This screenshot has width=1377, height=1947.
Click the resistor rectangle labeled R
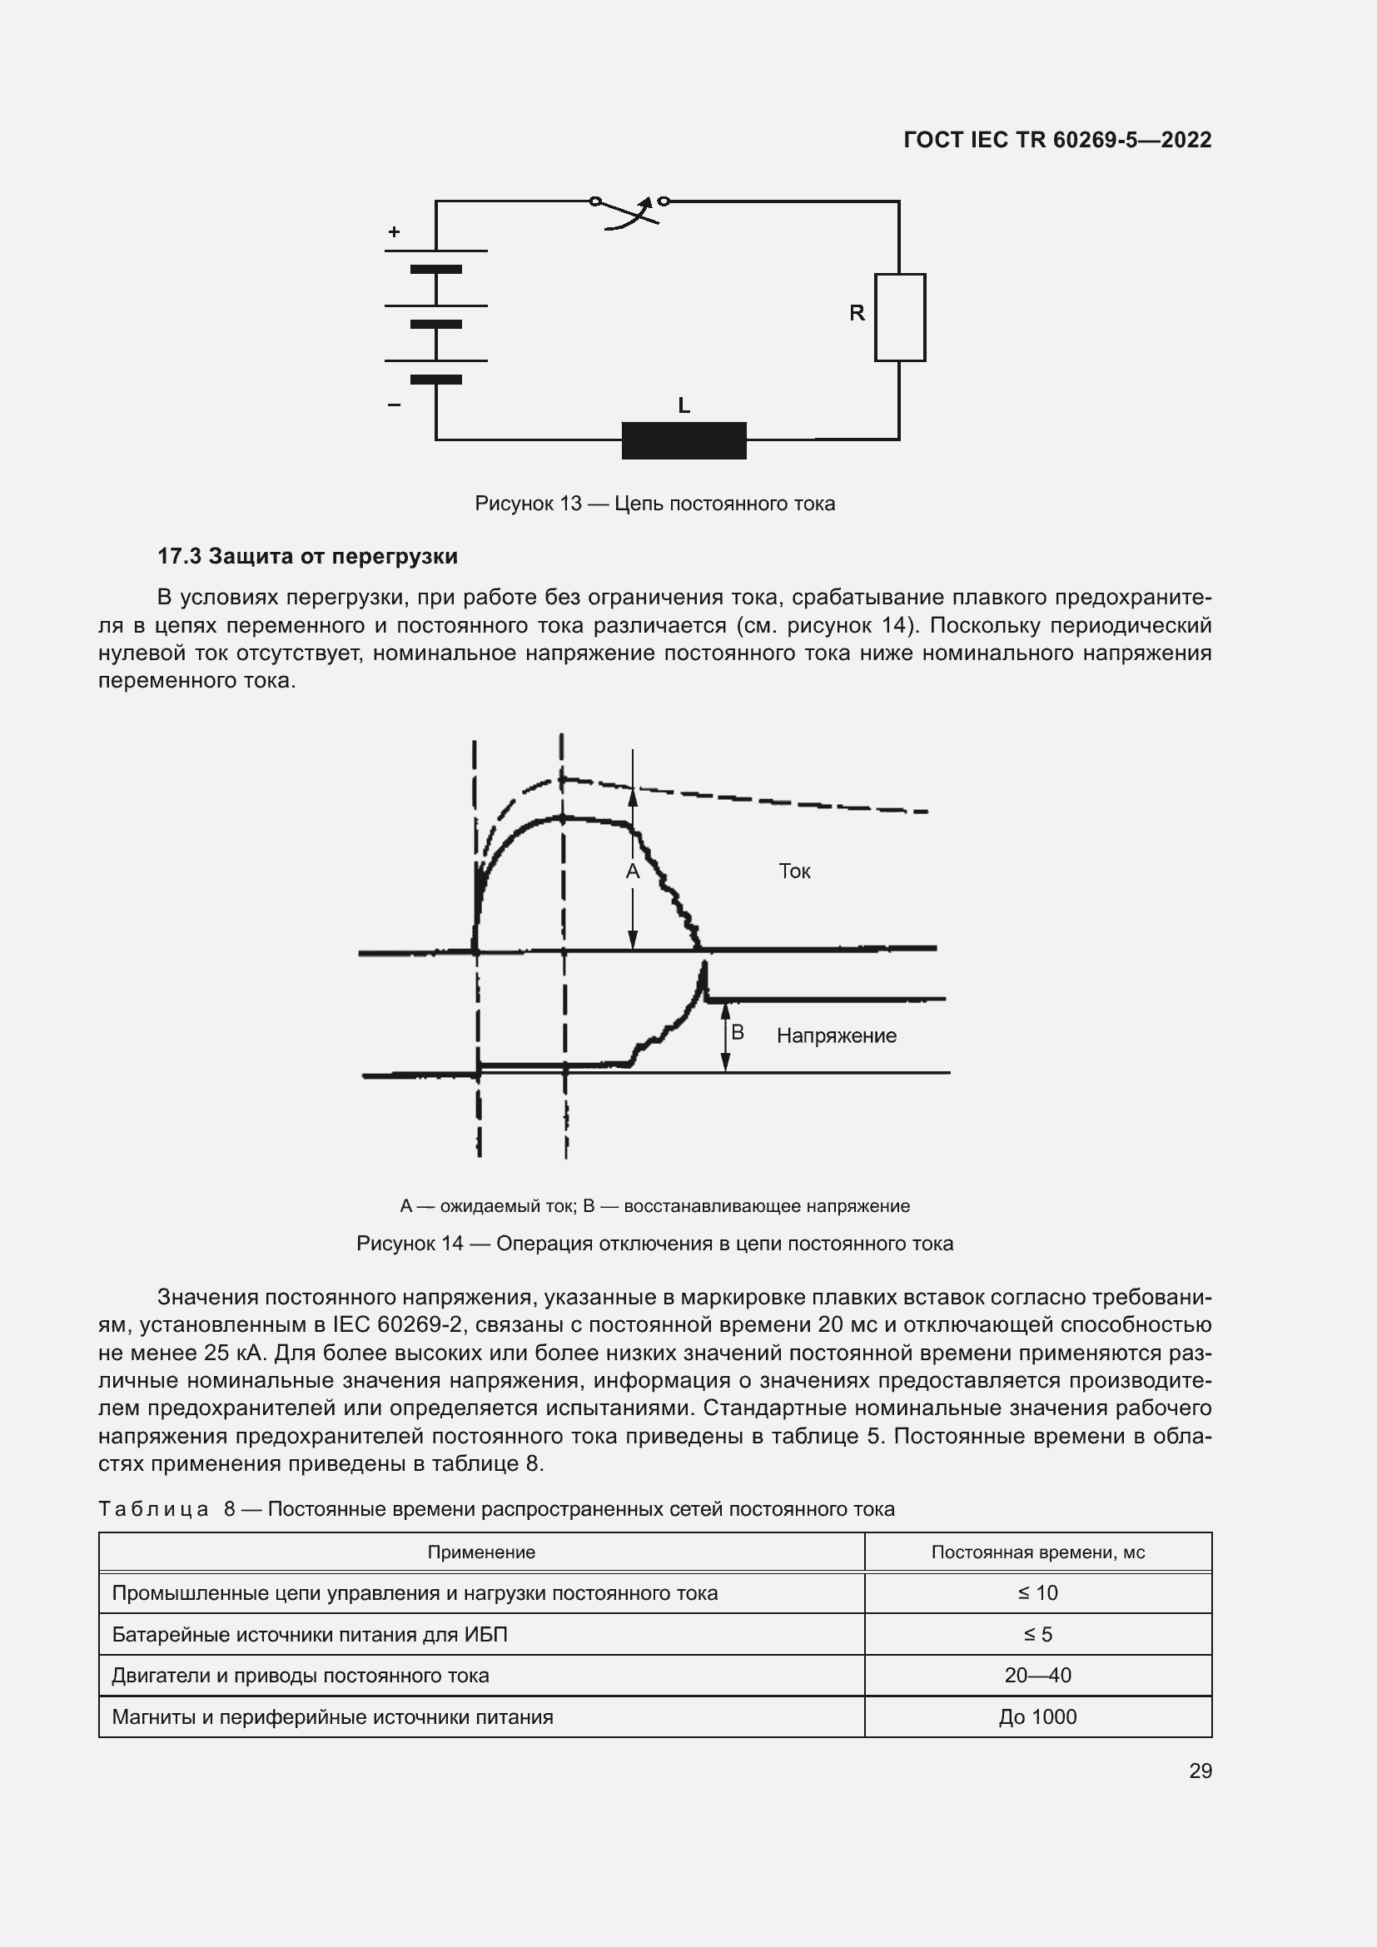click(x=900, y=317)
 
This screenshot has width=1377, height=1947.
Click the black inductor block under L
click(x=684, y=440)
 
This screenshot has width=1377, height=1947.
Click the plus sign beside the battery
click(x=395, y=231)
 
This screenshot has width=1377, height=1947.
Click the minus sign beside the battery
click(x=395, y=405)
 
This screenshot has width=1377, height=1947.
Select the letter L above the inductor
click(x=684, y=406)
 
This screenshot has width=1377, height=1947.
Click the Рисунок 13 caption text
click(x=654, y=504)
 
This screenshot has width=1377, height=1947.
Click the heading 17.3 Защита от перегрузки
click(x=307, y=556)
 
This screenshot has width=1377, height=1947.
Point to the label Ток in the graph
click(x=794, y=872)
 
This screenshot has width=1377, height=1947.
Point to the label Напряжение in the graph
click(x=836, y=1036)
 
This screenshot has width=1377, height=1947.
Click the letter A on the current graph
click(x=632, y=872)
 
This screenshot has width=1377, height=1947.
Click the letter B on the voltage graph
click(x=737, y=1032)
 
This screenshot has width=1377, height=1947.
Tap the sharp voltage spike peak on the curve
click(x=703, y=966)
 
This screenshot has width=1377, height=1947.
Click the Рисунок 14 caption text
click(x=654, y=1244)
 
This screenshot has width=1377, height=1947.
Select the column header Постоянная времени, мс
click(x=1038, y=1552)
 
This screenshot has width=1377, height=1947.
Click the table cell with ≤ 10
click(x=1038, y=1593)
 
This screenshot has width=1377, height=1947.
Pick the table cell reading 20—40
click(x=1038, y=1676)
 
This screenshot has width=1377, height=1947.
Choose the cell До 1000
click(x=1038, y=1717)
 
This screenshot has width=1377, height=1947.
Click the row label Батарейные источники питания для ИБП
click(x=310, y=1635)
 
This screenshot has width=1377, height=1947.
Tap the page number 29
click(x=1200, y=1771)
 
